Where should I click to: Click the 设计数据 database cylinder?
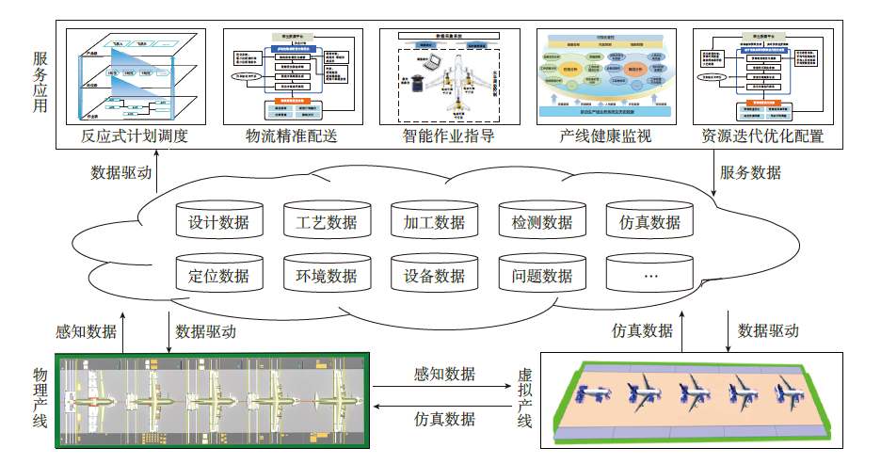(x=218, y=223)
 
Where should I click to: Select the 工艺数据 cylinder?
(x=327, y=223)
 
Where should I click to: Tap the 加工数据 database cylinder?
(x=434, y=223)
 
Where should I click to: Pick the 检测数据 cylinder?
(x=542, y=223)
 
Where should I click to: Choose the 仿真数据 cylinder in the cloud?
(x=649, y=223)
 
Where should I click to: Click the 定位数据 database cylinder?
(x=218, y=276)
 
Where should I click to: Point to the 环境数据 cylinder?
(x=327, y=276)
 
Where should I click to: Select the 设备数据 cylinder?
(x=434, y=276)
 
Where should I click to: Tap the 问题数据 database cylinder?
(x=542, y=276)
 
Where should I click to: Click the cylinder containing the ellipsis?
(x=649, y=276)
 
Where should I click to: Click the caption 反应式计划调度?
(x=135, y=136)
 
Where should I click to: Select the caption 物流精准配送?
(x=291, y=136)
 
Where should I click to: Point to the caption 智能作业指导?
(x=448, y=136)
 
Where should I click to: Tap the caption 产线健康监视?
(x=605, y=136)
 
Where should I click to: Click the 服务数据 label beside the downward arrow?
(x=750, y=173)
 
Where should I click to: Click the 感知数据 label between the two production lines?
(x=445, y=374)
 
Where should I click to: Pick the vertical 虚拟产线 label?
(x=525, y=397)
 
